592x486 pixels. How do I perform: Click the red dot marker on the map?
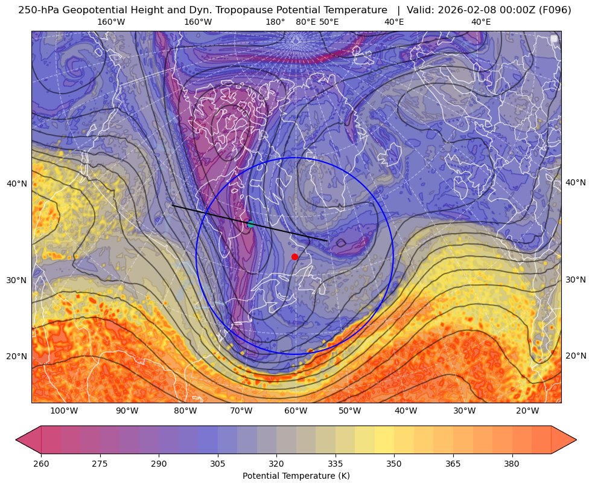click(x=294, y=257)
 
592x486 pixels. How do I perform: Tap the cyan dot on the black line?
click(x=250, y=224)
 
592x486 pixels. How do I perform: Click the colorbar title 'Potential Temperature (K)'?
click(x=296, y=476)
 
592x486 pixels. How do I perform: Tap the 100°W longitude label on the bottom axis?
click(x=64, y=411)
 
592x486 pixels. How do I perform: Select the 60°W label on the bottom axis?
click(x=296, y=411)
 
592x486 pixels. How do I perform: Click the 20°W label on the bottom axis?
click(x=527, y=411)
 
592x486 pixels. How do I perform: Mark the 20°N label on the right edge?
click(x=576, y=356)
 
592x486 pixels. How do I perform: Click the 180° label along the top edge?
click(x=275, y=22)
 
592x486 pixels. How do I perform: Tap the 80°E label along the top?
click(x=305, y=22)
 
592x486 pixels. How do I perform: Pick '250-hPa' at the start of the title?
click(x=37, y=10)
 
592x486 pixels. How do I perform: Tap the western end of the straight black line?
click(x=173, y=205)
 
